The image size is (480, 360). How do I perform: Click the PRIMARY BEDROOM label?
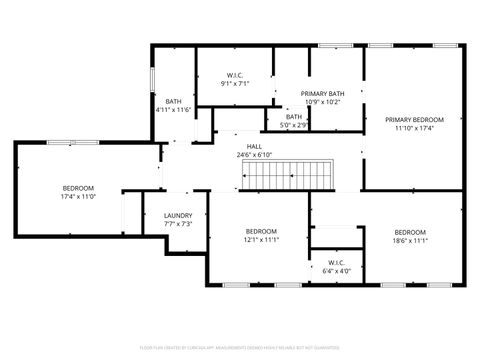point(414,119)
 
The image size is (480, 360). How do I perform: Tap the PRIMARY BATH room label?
point(321,93)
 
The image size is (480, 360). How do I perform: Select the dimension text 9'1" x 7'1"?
point(235,84)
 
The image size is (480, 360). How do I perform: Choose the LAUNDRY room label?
point(178,215)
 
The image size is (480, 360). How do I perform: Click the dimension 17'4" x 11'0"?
point(78,197)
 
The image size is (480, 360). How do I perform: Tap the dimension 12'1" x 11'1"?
point(261,239)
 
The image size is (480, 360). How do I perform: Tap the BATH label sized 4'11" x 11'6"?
point(173,101)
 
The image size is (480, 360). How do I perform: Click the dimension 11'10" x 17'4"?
point(414,128)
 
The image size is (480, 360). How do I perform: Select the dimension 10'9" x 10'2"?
point(321,102)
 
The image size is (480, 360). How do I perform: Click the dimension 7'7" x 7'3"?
point(178,224)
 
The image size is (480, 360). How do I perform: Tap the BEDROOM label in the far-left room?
point(78,188)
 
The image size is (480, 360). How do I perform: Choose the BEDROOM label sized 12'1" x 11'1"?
point(261,230)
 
